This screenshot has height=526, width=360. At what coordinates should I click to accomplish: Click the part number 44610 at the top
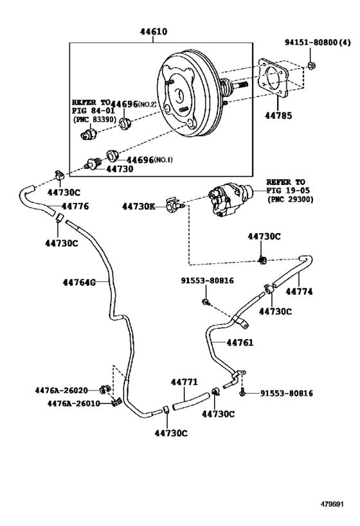tap(154, 31)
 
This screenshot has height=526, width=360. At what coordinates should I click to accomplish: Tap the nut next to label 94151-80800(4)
tap(311, 65)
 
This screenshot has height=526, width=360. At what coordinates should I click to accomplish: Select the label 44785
tap(278, 116)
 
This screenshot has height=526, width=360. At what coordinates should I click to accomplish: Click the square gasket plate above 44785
tap(274, 78)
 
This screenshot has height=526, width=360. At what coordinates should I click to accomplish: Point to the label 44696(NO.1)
tap(149, 160)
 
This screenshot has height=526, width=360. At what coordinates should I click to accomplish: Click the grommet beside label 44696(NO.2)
tap(125, 124)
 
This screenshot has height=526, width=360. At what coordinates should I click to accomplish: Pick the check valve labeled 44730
tap(93, 164)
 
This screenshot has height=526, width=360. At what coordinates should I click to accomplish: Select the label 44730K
tap(139, 206)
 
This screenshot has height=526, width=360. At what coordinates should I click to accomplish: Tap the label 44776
tap(75, 206)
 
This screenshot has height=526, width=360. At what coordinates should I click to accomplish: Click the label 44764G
tap(79, 283)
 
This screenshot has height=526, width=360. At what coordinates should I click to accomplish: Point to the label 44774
tap(299, 292)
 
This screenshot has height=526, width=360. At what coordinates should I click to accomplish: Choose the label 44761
tap(240, 342)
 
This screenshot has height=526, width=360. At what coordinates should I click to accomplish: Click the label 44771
tap(184, 381)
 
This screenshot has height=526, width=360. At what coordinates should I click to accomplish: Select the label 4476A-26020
tap(62, 390)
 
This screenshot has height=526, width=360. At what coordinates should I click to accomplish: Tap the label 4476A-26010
tap(73, 403)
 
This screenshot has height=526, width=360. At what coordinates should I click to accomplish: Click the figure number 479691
tap(332, 504)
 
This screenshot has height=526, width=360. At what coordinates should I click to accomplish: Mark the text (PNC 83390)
tap(94, 119)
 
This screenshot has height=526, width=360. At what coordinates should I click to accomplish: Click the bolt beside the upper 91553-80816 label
tap(206, 302)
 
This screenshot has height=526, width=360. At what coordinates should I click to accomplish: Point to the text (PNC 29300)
tap(290, 199)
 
